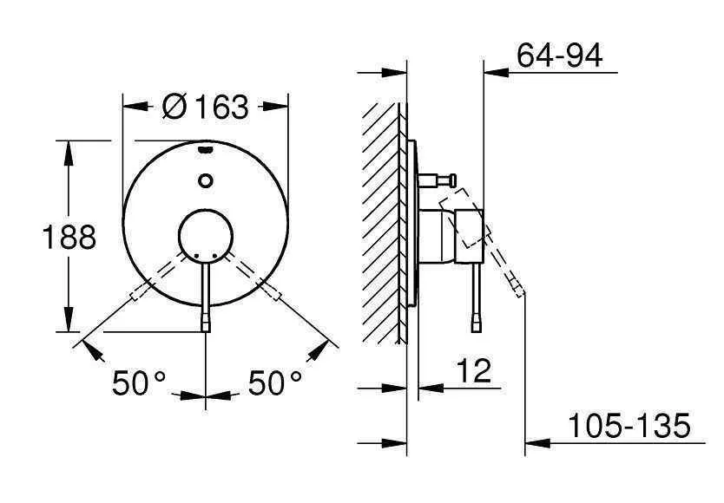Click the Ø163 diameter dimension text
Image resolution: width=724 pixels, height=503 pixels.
(205, 108)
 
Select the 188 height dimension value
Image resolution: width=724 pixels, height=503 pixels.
(69, 236)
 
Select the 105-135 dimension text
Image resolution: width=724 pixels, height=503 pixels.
(628, 426)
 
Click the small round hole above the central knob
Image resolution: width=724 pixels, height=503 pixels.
(206, 180)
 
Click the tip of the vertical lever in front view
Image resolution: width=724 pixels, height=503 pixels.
(206, 326)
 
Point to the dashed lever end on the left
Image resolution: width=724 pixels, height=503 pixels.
(136, 294)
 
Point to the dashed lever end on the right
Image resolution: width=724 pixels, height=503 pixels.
(275, 294)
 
